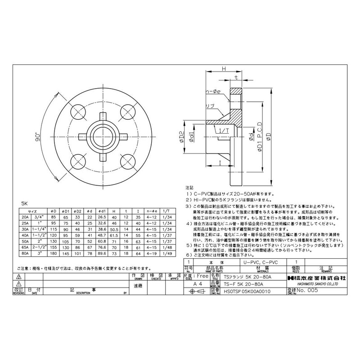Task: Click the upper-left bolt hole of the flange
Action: tap(80, 112)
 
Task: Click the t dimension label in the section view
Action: tap(236, 78)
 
